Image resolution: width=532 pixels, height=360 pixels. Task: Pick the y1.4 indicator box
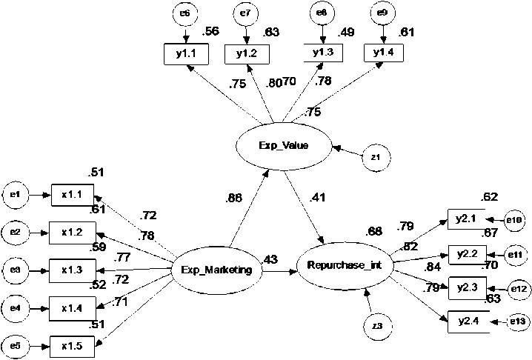click(x=383, y=52)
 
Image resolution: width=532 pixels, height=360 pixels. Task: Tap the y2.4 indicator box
click(x=467, y=321)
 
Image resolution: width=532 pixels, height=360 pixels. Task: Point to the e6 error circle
click(x=185, y=13)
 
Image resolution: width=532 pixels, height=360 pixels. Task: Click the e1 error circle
click(x=16, y=195)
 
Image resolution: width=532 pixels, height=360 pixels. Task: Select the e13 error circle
click(x=516, y=321)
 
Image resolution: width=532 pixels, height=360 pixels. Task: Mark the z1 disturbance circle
click(x=376, y=157)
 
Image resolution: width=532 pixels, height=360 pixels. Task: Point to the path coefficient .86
click(x=234, y=198)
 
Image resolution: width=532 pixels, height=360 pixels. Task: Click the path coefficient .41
click(x=318, y=198)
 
